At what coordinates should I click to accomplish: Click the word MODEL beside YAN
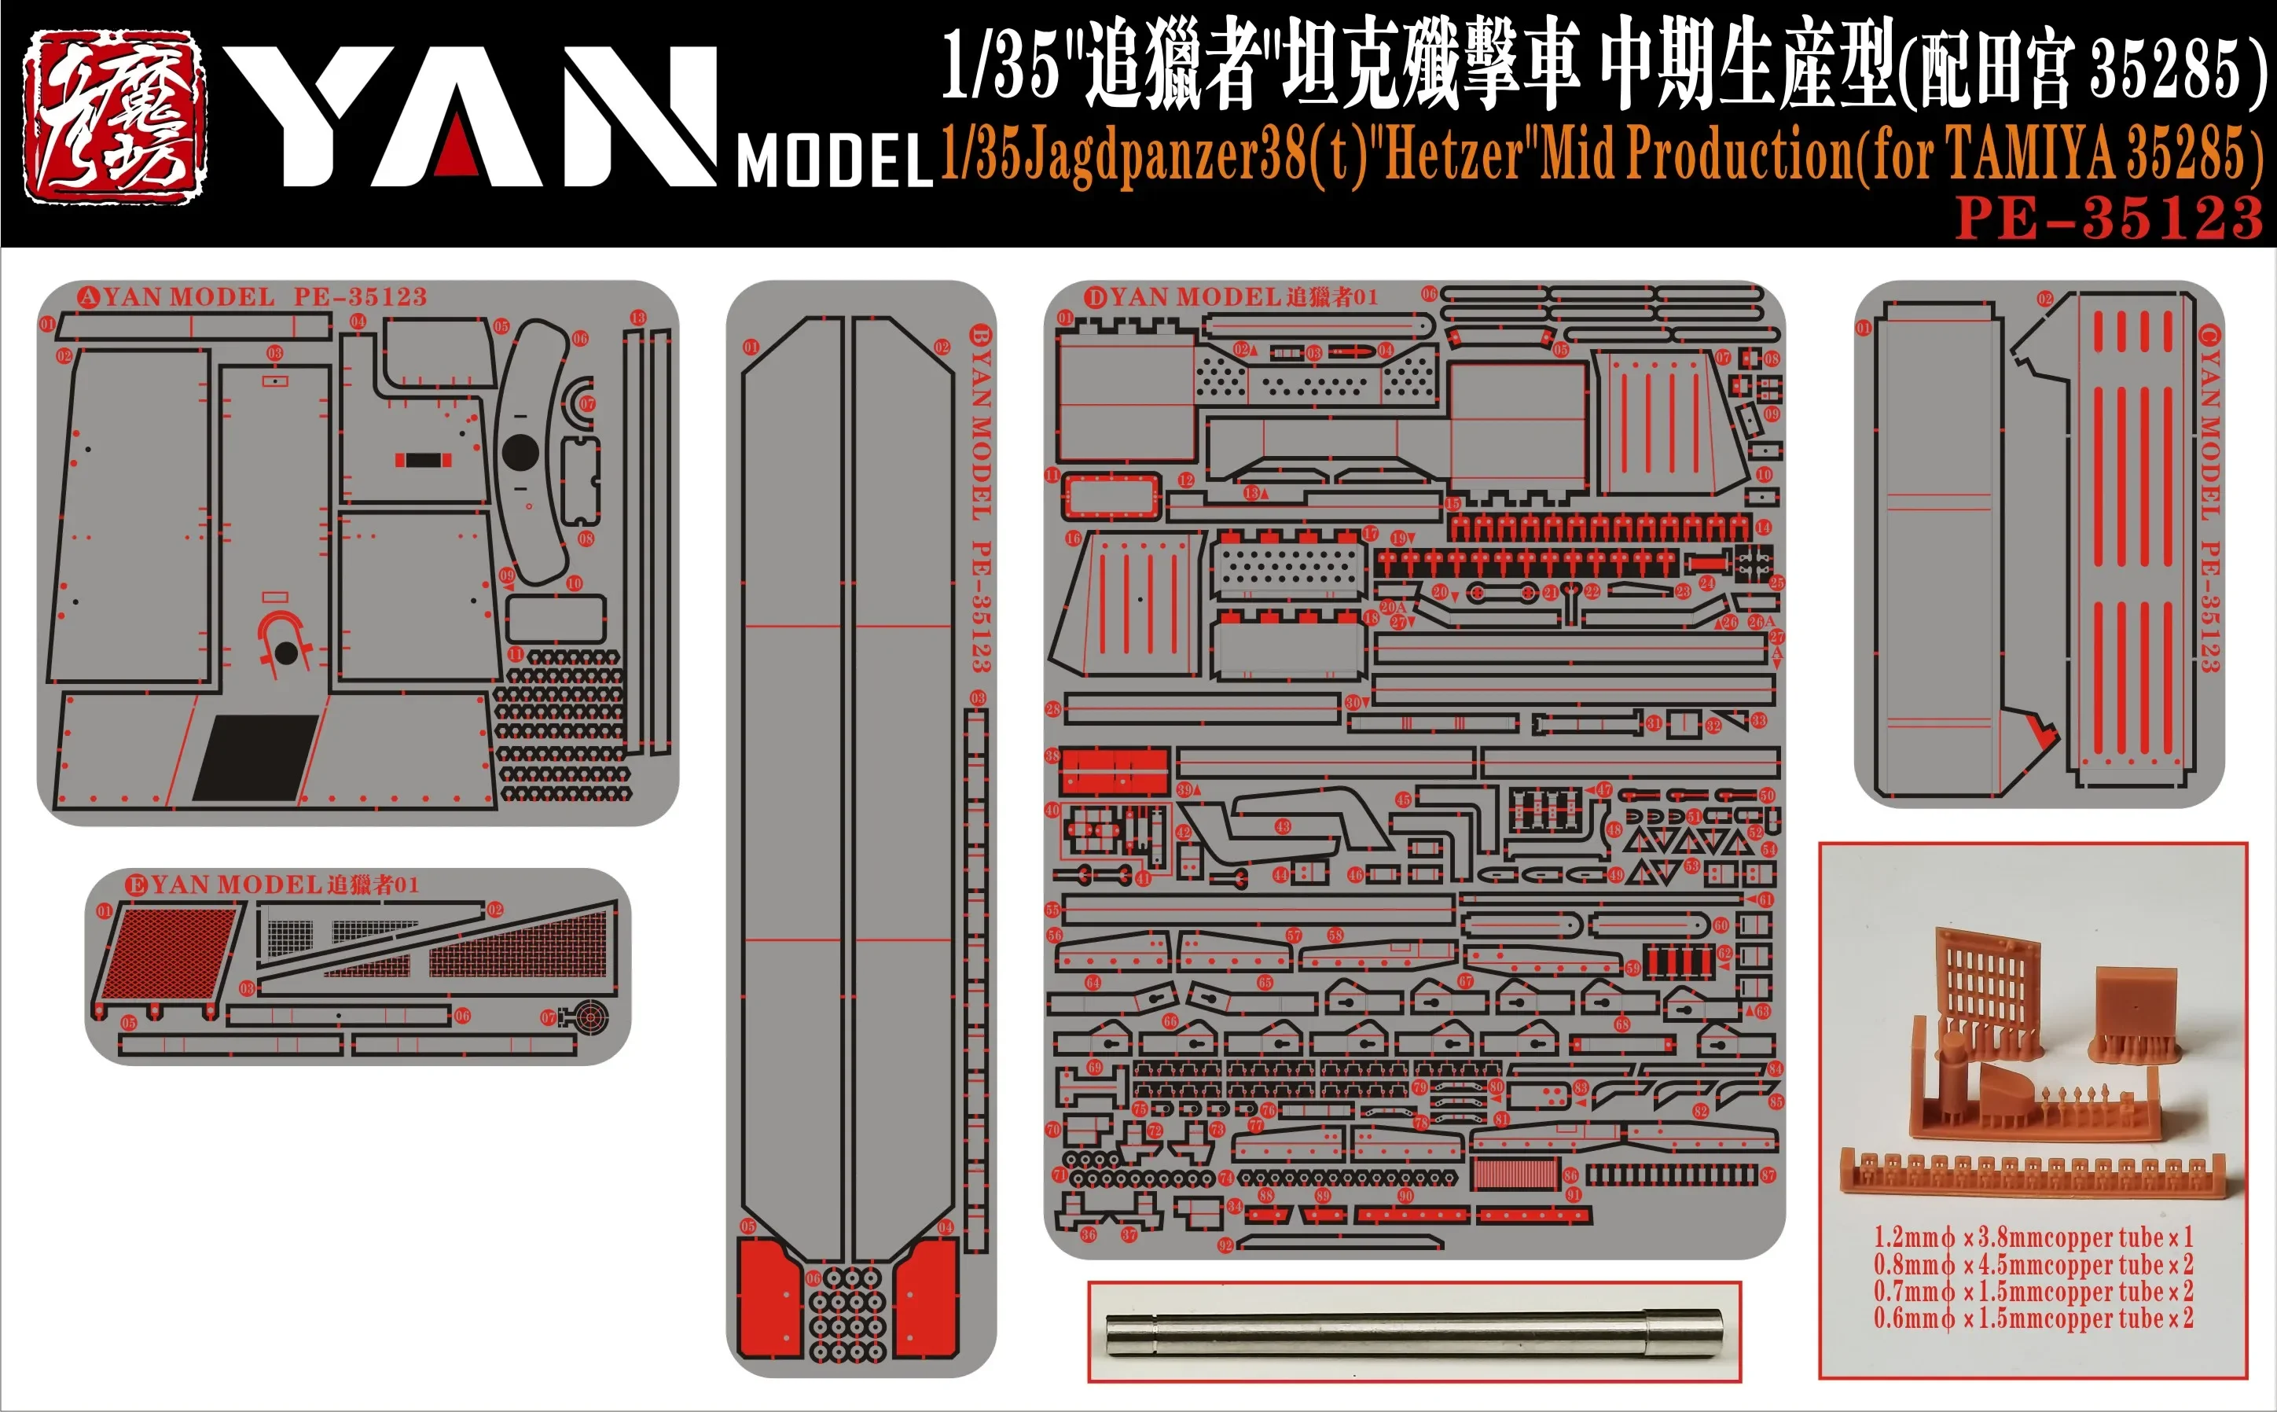pyautogui.click(x=835, y=161)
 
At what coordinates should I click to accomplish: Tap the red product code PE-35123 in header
pyautogui.click(x=2108, y=218)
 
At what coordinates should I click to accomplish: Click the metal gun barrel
pyautogui.click(x=1412, y=1333)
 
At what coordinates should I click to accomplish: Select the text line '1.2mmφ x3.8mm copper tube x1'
pyautogui.click(x=2033, y=1238)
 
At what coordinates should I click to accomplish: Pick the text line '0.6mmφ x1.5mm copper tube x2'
pyautogui.click(x=2033, y=1318)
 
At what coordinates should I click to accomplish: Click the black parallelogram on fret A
pyautogui.click(x=255, y=759)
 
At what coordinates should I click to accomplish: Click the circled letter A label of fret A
pyautogui.click(x=88, y=298)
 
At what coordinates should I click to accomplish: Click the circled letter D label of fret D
pyautogui.click(x=1094, y=298)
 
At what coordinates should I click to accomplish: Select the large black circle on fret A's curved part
pyautogui.click(x=520, y=452)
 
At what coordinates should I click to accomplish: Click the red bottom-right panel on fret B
pyautogui.click(x=927, y=1298)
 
